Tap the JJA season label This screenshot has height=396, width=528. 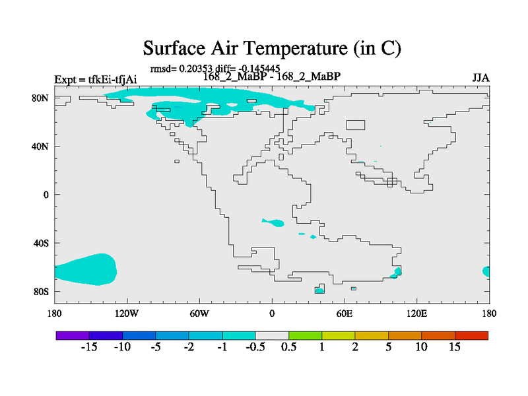click(x=480, y=78)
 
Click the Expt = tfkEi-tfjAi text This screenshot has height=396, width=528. click(x=96, y=79)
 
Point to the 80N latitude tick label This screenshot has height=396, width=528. click(x=40, y=98)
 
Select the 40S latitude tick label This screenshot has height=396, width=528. click(x=41, y=243)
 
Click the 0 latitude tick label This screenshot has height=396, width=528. click(x=46, y=195)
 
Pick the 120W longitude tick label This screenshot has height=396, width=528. click(x=127, y=314)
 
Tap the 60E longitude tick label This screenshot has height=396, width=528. click(x=345, y=314)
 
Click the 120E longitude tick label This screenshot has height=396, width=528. click(x=417, y=314)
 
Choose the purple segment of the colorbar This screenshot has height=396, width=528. click(x=73, y=335)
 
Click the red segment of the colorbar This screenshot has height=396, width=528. click(x=471, y=335)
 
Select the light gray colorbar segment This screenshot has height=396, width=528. click(x=272, y=335)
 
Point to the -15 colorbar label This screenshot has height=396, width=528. click(x=89, y=347)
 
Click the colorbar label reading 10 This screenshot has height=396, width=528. click(x=421, y=347)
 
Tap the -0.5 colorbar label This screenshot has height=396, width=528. click(x=255, y=347)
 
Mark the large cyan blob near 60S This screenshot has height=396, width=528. click(x=86, y=269)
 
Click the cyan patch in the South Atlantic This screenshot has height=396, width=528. click(x=273, y=222)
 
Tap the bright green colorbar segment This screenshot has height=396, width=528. click(x=305, y=335)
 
